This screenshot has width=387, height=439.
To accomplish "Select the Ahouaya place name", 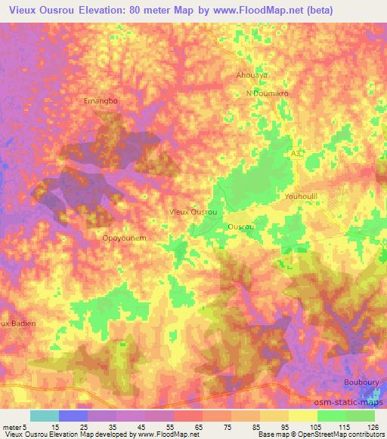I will pos(251,75).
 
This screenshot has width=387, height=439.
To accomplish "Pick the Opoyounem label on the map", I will pos(123,237).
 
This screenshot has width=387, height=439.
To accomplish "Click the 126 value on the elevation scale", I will pos(374,428).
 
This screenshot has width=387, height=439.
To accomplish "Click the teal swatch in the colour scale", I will pos(44,416).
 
